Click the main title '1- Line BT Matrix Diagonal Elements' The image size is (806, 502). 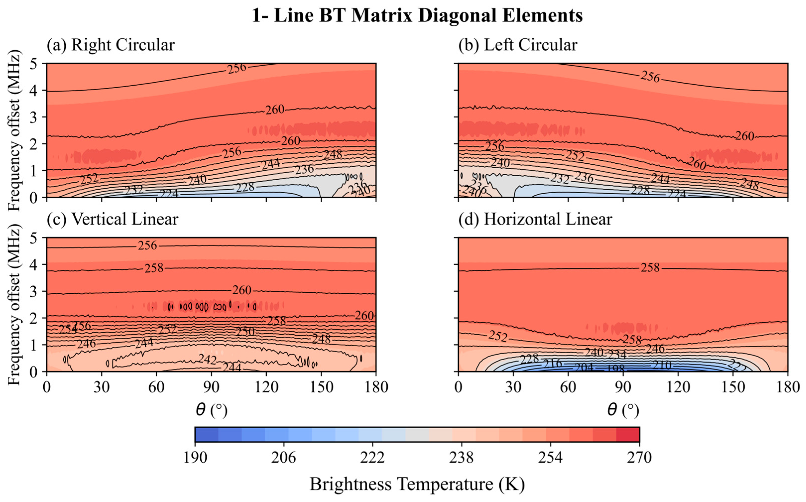(417, 16)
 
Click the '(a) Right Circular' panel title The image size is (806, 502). (111, 45)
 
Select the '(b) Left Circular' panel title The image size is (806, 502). (518, 45)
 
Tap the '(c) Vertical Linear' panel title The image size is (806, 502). (113, 219)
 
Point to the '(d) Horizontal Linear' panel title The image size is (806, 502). (535, 219)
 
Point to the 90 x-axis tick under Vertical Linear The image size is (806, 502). (211, 387)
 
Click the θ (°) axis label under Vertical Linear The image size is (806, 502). (211, 410)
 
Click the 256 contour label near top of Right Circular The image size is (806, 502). (237, 68)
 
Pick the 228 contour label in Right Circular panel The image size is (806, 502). (245, 187)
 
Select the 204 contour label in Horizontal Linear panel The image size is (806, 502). (584, 367)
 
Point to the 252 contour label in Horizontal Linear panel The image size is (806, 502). (498, 337)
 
